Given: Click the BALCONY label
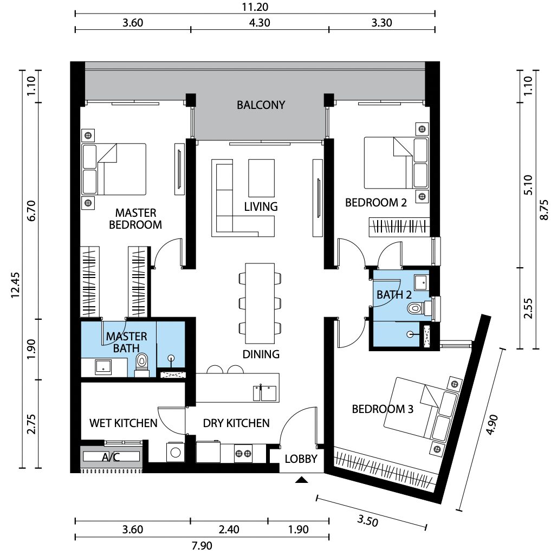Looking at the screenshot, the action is coord(261,105).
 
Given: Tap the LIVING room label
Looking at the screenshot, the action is coord(261,206).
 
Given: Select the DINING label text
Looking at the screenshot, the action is coord(261,354).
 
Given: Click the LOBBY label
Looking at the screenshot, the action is coord(301,459).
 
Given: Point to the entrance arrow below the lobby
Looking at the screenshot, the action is coord(302,480).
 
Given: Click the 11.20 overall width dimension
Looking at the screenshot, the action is coord(255,7).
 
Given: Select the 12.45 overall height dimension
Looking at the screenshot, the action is coord(16,285).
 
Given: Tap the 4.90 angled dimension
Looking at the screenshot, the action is coord(493,424).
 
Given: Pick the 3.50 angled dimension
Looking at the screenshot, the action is coord(368,520).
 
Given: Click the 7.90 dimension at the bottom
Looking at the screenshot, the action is coord(202,545).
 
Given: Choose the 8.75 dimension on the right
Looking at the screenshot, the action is coord(544,210).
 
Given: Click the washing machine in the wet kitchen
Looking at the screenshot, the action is coord(175,452).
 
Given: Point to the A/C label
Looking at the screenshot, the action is coord(111,457).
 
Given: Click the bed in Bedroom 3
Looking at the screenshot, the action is coord(420,407).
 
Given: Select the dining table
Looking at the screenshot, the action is coord(260,303).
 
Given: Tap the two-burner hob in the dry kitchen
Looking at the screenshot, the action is coord(243,454).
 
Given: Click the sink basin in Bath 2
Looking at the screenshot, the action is coord(422,282).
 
